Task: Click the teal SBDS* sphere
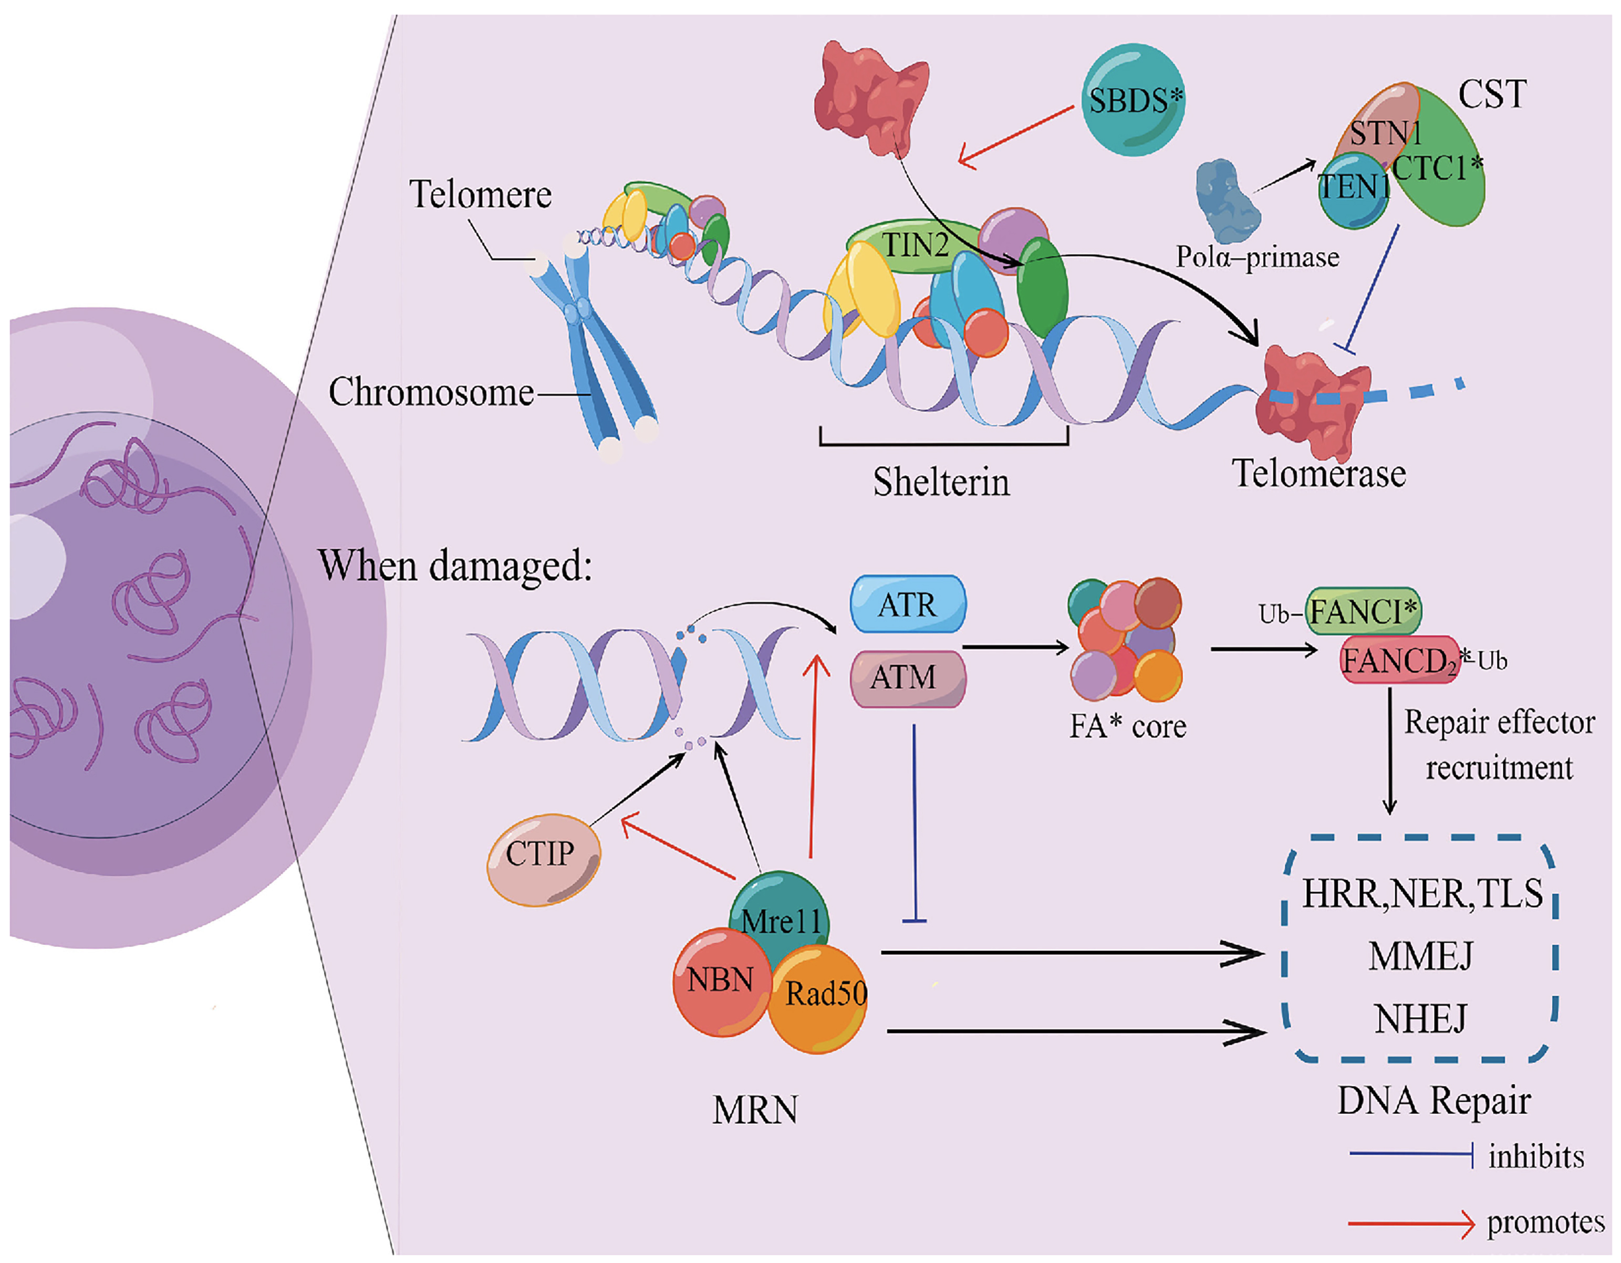pyautogui.click(x=1134, y=99)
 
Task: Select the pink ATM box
pyautogui.click(x=907, y=677)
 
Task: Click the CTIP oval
pyautogui.click(x=543, y=859)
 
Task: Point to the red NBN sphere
pyautogui.click(x=720, y=981)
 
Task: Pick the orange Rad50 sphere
pyautogui.click(x=819, y=998)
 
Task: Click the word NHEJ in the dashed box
pyautogui.click(x=1420, y=1018)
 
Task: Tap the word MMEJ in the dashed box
pyautogui.click(x=1420, y=956)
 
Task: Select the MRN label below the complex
pyautogui.click(x=755, y=1111)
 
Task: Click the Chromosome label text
pyautogui.click(x=431, y=392)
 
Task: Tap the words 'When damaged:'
pyautogui.click(x=454, y=566)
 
